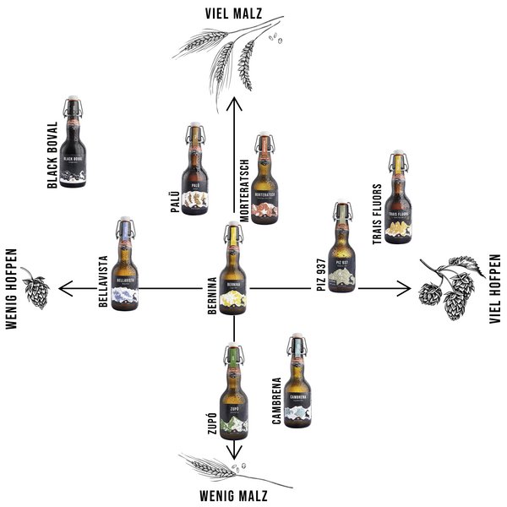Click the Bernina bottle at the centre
234,270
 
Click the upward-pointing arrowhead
235,103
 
